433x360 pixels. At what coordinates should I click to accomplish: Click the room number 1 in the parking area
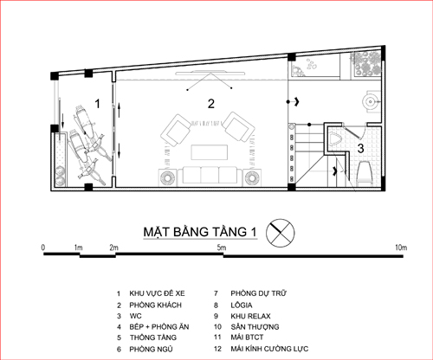click(x=98, y=104)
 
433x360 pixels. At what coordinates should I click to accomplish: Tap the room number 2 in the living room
click(x=211, y=104)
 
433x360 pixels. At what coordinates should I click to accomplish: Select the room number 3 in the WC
click(x=360, y=149)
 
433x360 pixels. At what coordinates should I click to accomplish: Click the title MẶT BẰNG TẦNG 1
click(x=200, y=232)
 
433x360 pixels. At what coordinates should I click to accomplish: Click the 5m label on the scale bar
click(x=222, y=247)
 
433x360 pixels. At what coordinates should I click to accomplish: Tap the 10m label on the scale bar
click(x=401, y=247)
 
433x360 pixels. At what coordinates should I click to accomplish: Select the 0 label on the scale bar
click(x=43, y=247)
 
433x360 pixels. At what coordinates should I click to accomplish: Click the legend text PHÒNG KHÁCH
click(x=155, y=305)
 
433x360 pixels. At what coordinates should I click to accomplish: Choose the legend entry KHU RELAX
click(x=250, y=316)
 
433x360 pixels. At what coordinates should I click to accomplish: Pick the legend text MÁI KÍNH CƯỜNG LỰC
click(x=269, y=349)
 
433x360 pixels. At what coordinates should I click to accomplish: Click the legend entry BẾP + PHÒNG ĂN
click(x=159, y=327)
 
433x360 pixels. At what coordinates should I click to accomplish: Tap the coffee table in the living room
click(x=210, y=152)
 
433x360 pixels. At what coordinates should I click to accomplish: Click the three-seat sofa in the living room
click(x=210, y=175)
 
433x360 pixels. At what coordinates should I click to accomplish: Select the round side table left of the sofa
click(x=168, y=177)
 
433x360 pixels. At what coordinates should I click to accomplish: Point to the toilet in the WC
click(x=364, y=172)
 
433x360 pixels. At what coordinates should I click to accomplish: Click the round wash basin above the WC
click(x=371, y=101)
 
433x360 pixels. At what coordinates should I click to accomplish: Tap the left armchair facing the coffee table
click(x=177, y=130)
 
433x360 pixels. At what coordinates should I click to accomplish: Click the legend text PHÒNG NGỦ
click(x=151, y=349)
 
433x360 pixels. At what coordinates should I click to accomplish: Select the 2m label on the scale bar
click(x=113, y=247)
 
